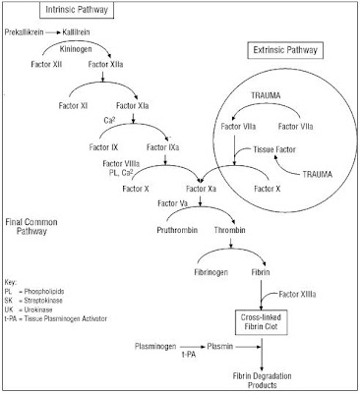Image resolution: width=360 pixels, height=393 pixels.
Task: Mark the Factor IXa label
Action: click(167, 146)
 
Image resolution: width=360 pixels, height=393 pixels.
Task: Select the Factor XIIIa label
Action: click(301, 294)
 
